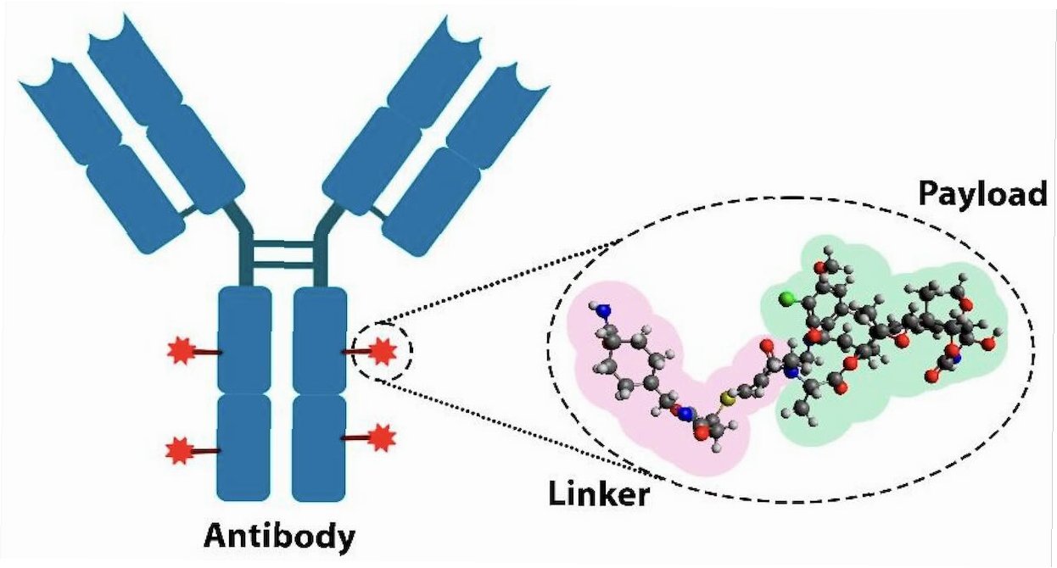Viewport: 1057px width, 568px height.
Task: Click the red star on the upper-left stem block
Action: coord(180,351)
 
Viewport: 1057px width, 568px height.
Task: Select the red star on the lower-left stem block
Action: coord(179,448)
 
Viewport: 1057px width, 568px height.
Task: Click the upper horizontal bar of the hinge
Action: coord(282,244)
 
